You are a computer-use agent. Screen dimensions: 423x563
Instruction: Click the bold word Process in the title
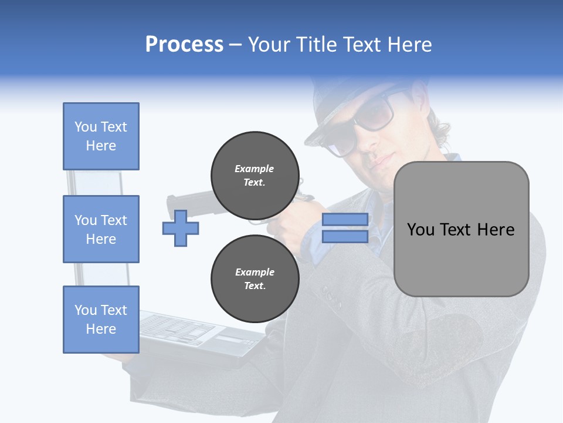(184, 45)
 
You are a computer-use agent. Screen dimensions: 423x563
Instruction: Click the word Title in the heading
(317, 45)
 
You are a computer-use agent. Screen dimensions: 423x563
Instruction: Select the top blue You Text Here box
(101, 136)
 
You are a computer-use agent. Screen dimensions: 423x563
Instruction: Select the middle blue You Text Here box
(101, 229)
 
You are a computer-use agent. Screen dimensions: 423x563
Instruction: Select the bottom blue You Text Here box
(101, 320)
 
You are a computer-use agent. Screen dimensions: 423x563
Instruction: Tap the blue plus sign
(180, 228)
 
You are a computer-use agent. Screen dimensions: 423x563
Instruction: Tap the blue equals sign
(345, 228)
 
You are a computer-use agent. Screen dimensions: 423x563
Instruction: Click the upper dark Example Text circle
(255, 175)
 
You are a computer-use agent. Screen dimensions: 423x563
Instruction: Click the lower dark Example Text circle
(255, 278)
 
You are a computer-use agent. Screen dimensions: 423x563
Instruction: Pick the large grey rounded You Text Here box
(461, 229)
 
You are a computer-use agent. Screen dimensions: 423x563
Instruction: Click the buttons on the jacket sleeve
(332, 300)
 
